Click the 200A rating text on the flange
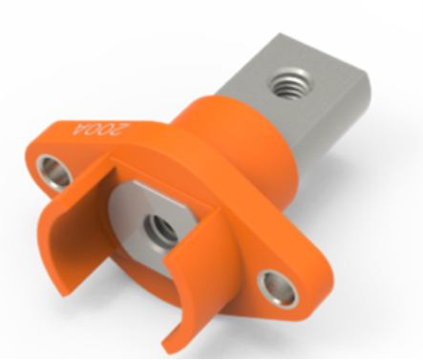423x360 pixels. pyautogui.click(x=101, y=130)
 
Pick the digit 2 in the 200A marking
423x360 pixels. pyautogui.click(x=122, y=131)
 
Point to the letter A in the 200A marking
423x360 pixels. pyautogui.click(x=80, y=128)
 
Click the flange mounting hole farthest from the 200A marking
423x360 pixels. pyautogui.click(x=277, y=288)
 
